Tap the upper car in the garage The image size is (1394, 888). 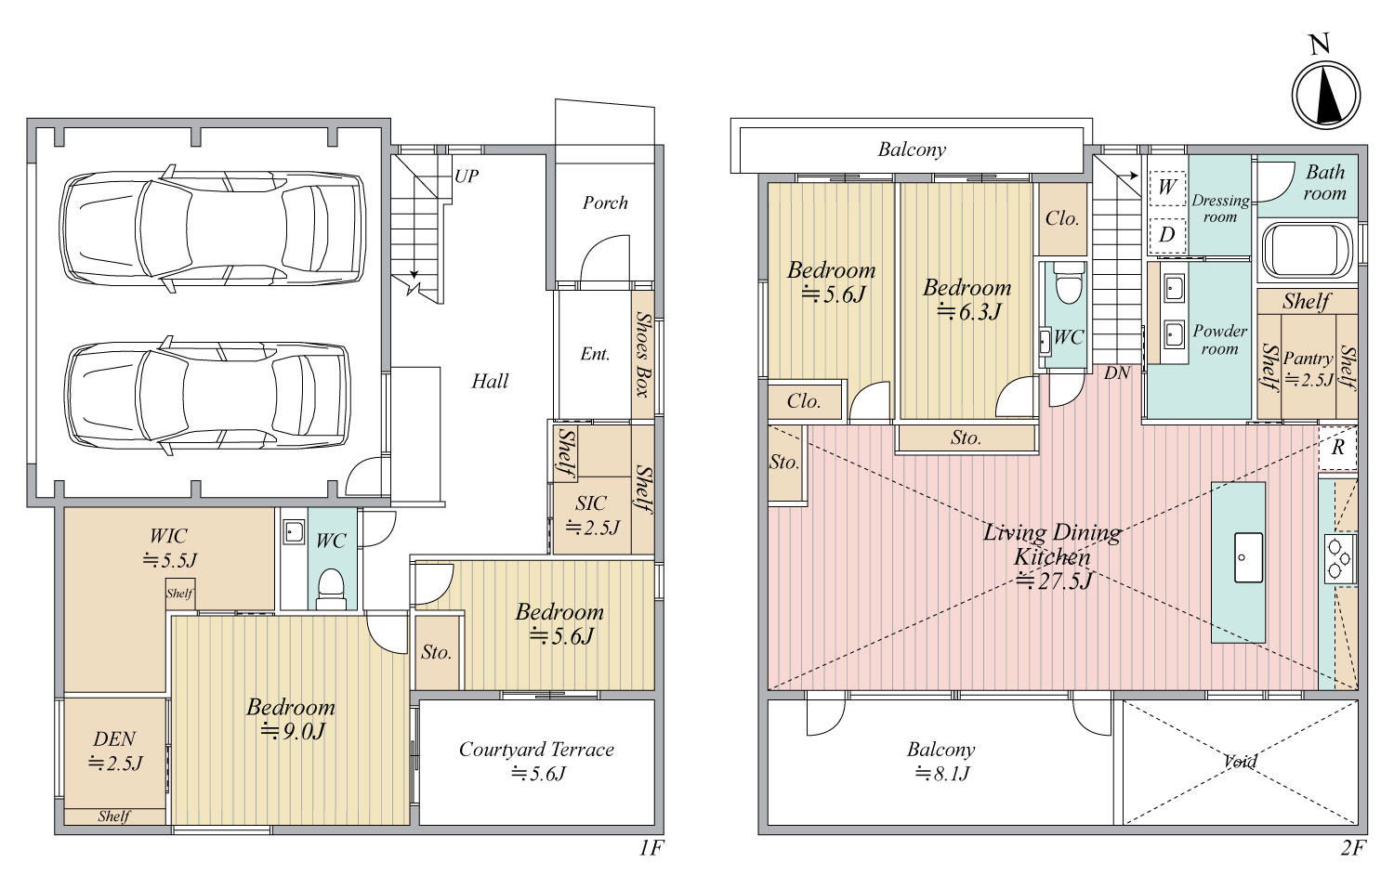(213, 229)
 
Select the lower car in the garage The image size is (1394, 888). (209, 395)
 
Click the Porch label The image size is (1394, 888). (605, 202)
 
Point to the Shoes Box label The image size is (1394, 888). (643, 354)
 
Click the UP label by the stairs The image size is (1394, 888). (467, 176)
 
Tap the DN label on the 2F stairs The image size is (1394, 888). (1117, 373)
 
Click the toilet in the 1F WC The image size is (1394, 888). (331, 589)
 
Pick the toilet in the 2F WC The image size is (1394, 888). (1069, 283)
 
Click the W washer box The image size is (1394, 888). (1167, 187)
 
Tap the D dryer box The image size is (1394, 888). (1167, 235)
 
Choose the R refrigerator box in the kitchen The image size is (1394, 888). (1337, 447)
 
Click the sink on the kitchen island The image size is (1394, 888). (1248, 557)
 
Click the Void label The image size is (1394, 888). (1241, 761)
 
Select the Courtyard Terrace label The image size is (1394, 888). (536, 750)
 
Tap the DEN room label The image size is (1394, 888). (114, 738)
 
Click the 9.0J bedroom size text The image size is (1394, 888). (293, 732)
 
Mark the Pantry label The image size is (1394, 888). (1309, 359)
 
